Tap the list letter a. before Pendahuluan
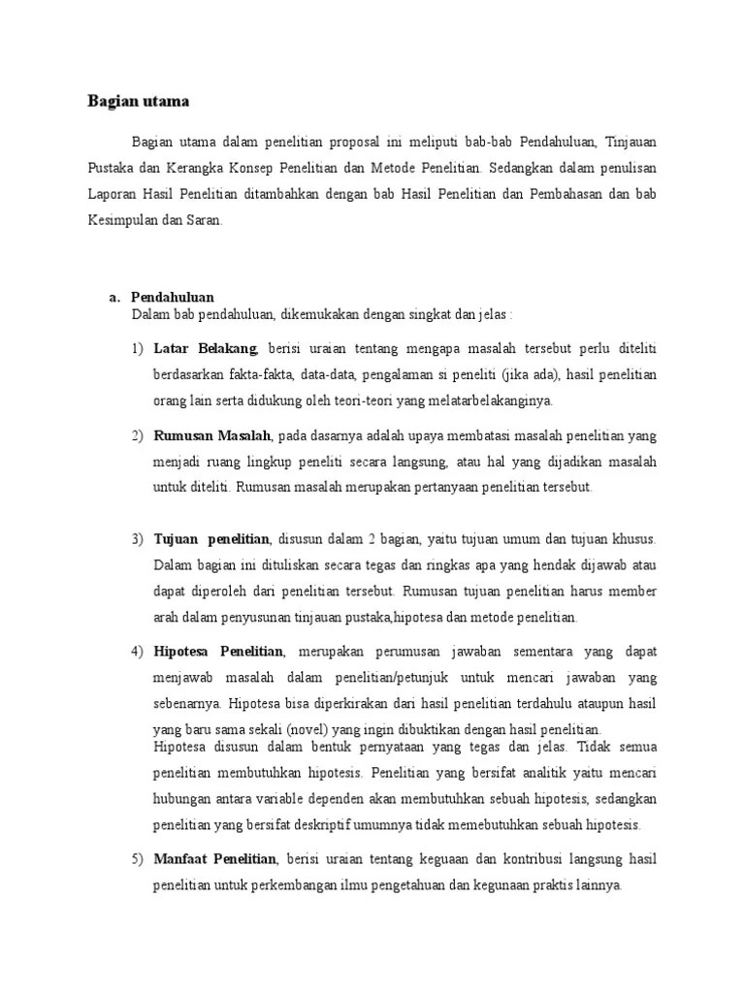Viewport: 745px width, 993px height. (x=113, y=298)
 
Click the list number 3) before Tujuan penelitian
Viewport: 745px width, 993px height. (x=137, y=538)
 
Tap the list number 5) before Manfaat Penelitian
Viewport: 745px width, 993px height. (x=137, y=859)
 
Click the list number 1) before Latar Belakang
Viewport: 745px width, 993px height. (x=137, y=348)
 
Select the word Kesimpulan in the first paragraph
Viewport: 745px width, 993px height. (x=117, y=220)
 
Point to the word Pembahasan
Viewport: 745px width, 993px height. (x=573, y=193)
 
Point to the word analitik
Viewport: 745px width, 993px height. (x=553, y=774)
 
